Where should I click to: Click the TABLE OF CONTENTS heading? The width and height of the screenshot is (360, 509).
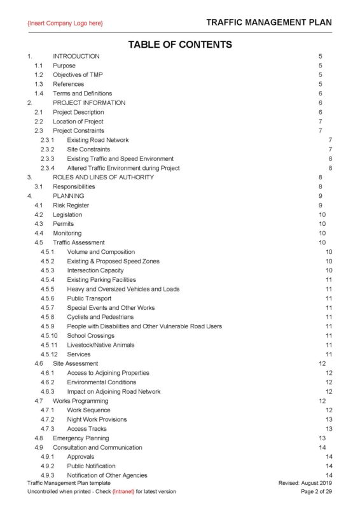pos(180,45)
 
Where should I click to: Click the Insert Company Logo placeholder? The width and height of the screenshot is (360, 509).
pos(65,24)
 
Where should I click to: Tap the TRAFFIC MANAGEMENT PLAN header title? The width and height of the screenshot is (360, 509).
pos(269,23)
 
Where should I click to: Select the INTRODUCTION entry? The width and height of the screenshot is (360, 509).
pos(76,56)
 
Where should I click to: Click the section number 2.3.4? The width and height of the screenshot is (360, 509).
pos(48,168)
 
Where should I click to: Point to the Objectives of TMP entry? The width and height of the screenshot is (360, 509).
pos(78,74)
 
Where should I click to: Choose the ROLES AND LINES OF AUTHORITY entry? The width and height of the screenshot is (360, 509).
pos(103,177)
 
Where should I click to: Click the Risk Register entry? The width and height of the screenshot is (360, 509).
pos(71,206)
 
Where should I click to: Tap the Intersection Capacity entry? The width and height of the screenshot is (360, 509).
pos(95,270)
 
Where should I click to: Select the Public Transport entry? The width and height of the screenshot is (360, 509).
pos(89,298)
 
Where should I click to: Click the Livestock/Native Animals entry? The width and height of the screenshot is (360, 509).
pos(100,345)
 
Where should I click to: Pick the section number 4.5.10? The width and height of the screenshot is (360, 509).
pos(50,335)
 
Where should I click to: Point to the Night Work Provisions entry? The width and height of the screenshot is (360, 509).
pos(97,419)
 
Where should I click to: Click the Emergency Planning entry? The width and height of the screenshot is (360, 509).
pos(81,438)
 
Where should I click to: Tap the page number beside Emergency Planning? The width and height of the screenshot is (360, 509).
pos(322,438)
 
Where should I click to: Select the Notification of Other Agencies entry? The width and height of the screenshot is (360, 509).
pos(107,475)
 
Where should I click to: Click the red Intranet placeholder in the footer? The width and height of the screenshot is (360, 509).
pos(123,492)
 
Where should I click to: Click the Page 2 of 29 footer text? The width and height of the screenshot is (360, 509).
pos(316,492)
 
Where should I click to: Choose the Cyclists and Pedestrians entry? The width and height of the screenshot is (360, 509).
pos(99,317)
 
